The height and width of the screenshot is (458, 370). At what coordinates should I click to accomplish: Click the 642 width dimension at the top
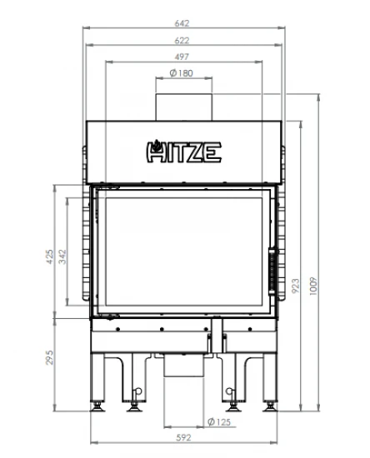point(182,23)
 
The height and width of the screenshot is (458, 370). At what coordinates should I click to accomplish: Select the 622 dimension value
point(182,40)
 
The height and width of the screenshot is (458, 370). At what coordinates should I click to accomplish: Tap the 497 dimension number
point(182,57)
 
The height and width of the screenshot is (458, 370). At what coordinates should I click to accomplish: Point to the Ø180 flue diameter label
point(181,73)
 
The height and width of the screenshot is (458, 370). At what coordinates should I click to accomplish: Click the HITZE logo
point(183,152)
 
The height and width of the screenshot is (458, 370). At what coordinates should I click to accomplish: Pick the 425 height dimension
point(50,256)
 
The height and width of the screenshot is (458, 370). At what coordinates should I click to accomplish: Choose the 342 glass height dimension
point(62,256)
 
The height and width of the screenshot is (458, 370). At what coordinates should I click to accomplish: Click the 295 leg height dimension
point(50,357)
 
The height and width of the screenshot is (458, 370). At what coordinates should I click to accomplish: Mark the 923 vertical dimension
point(296,286)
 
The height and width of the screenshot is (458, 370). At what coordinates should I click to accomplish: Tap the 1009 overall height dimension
point(313,286)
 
